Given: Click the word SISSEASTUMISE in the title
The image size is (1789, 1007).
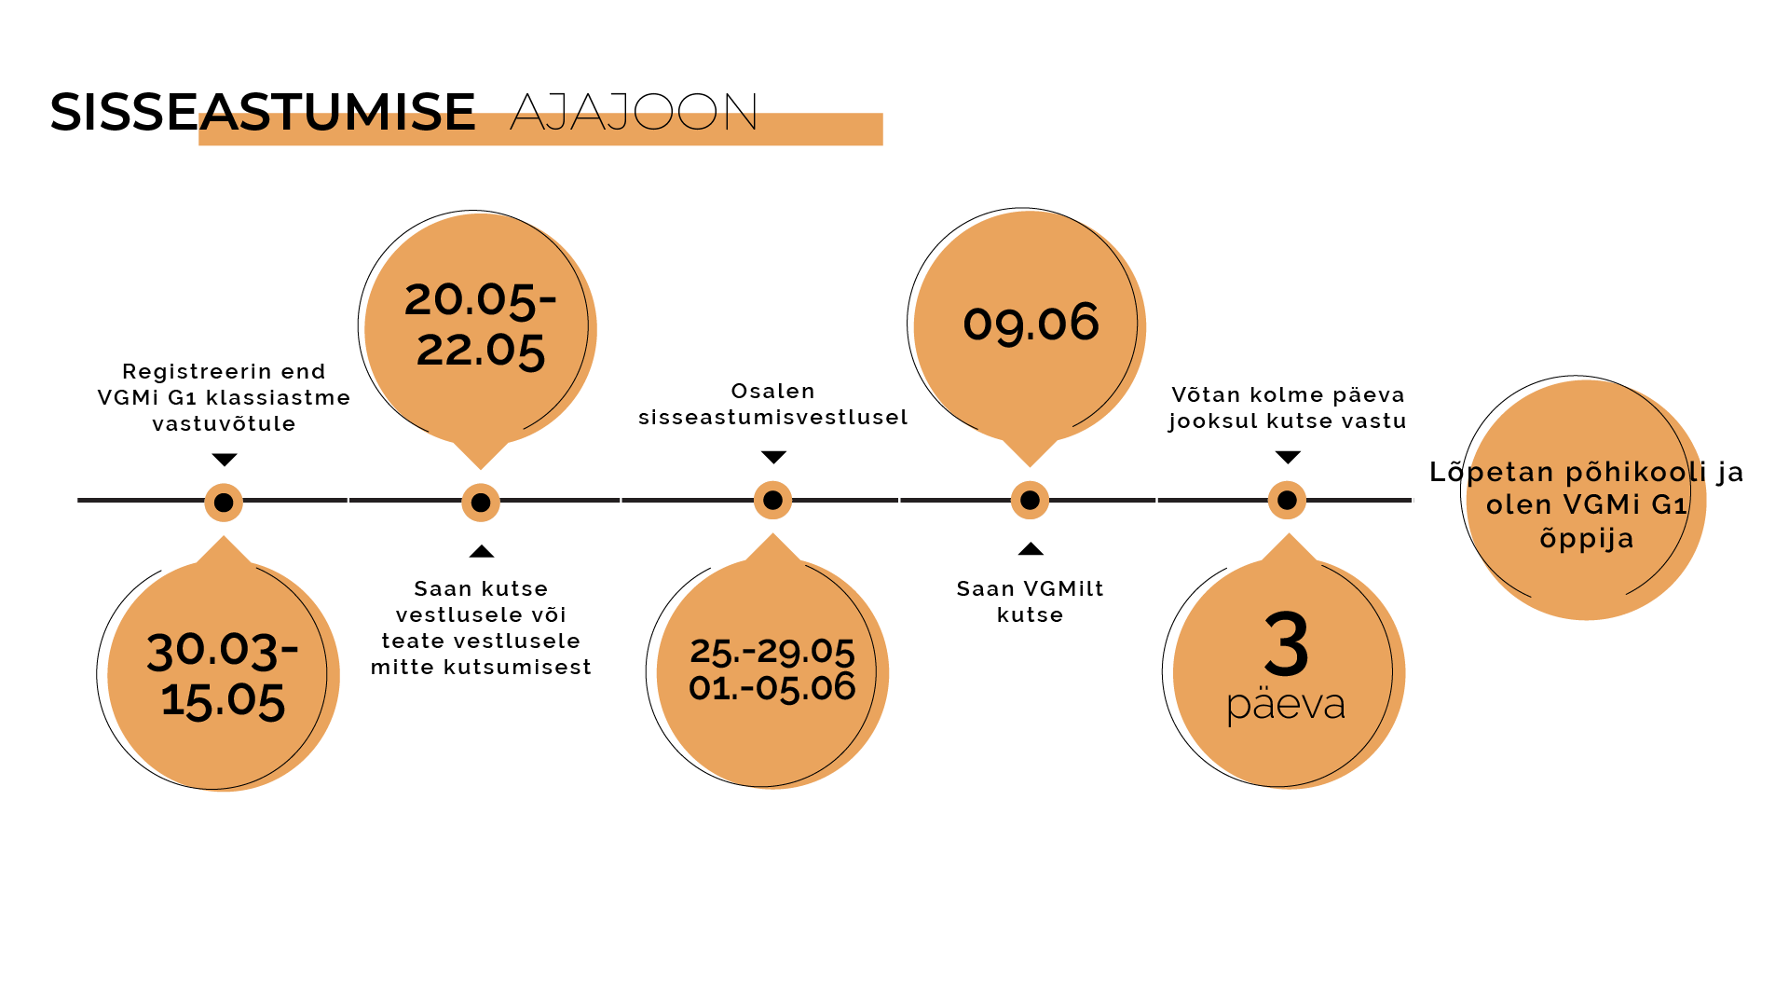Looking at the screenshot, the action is click(x=263, y=112).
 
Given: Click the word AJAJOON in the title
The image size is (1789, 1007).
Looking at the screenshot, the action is click(x=634, y=112).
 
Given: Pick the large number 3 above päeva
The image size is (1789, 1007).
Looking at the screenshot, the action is click(x=1287, y=644).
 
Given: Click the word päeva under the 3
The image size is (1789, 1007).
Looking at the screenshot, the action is click(x=1286, y=706).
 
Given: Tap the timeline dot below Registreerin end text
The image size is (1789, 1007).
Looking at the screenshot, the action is click(x=224, y=503).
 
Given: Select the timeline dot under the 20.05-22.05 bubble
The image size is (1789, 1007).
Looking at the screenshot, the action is click(x=481, y=503).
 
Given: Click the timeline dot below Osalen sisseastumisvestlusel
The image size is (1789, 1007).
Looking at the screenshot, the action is click(x=772, y=501).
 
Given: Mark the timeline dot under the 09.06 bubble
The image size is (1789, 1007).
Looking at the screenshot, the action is click(x=1030, y=501).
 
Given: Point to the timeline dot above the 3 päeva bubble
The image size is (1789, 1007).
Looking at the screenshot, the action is click(x=1287, y=501).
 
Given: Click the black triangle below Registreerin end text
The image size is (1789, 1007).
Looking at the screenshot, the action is click(x=225, y=460).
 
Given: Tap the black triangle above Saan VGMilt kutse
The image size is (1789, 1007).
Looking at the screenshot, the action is click(x=1031, y=548).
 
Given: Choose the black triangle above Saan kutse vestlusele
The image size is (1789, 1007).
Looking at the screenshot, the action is click(x=482, y=551).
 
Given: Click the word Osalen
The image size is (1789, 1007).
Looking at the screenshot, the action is click(x=772, y=392).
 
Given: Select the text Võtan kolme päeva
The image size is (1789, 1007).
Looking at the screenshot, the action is click(x=1288, y=395).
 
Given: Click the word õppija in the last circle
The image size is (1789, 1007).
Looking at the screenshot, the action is click(x=1587, y=539).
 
